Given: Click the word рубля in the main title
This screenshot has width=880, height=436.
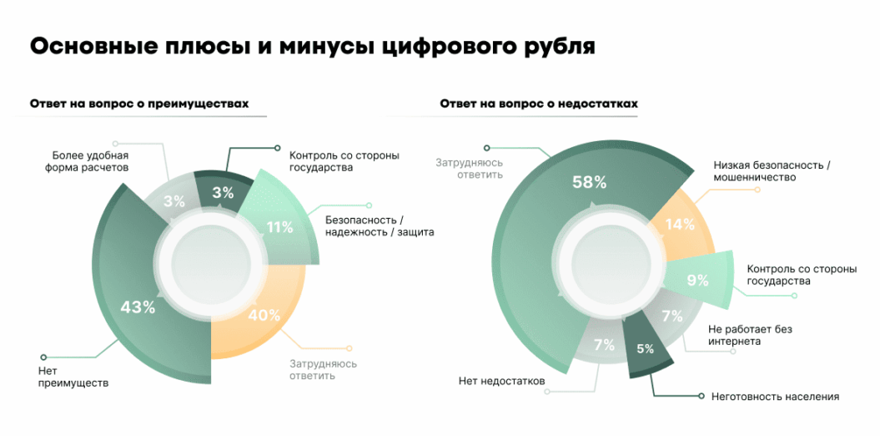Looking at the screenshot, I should (x=553, y=46).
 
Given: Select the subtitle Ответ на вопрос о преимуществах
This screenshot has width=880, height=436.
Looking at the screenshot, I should (x=138, y=104).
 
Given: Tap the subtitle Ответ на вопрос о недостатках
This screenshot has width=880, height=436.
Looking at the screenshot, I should (x=539, y=104).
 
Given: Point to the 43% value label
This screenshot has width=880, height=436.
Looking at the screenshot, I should (x=138, y=307).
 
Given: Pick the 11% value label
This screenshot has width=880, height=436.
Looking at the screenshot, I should (x=279, y=226).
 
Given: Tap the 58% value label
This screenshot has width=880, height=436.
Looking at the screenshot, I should (x=589, y=182).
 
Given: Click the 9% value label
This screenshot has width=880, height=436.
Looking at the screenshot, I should (x=697, y=281).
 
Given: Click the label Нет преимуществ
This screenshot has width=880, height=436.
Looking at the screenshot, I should (x=73, y=377).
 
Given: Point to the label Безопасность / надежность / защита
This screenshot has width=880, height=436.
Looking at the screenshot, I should (x=380, y=226).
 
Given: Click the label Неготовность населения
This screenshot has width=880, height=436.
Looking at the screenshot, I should (x=775, y=396).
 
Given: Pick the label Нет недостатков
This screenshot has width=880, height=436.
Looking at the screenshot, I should (x=501, y=381).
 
